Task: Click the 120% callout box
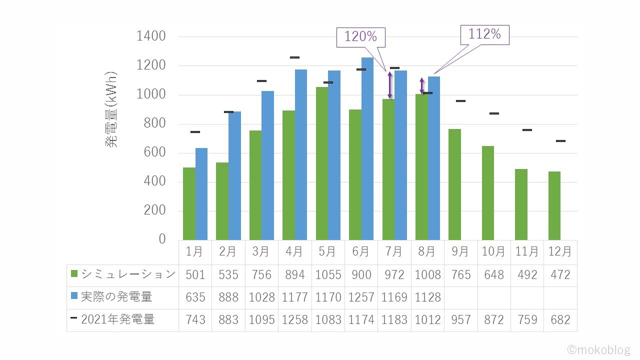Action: [360, 37]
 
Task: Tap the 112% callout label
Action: [484, 34]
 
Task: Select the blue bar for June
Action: [367, 148]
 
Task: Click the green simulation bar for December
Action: [554, 205]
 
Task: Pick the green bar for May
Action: [322, 163]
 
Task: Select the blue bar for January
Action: [201, 194]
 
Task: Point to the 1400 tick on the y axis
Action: [151, 36]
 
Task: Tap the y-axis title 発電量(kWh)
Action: [111, 109]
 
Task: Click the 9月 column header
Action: [460, 252]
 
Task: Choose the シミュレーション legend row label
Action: [128, 274]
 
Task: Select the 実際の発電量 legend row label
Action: [116, 297]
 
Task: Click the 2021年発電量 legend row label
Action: [117, 319]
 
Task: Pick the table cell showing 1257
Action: [361, 297]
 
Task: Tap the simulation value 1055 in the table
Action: [327, 274]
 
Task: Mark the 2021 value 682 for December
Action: [560, 319]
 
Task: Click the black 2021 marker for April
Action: [294, 57]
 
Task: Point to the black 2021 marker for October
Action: [494, 113]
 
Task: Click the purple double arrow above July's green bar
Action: [390, 85]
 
